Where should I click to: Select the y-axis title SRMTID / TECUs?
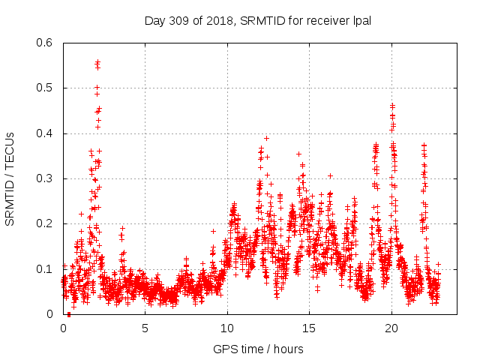10,178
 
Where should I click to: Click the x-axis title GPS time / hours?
258,349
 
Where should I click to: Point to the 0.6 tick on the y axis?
46,43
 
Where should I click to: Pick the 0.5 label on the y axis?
46,88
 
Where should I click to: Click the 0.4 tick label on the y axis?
46,133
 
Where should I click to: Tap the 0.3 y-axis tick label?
46,178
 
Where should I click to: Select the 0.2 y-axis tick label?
46,224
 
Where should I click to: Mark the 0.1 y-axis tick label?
46,269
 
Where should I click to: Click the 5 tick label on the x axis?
145,328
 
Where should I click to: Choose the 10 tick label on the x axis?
227,328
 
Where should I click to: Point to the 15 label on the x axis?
310,328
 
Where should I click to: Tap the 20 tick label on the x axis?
391,328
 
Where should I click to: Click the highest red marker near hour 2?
97,61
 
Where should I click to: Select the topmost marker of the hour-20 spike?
391,105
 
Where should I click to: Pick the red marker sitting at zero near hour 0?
69,314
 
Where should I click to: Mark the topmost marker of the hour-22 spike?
424,145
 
